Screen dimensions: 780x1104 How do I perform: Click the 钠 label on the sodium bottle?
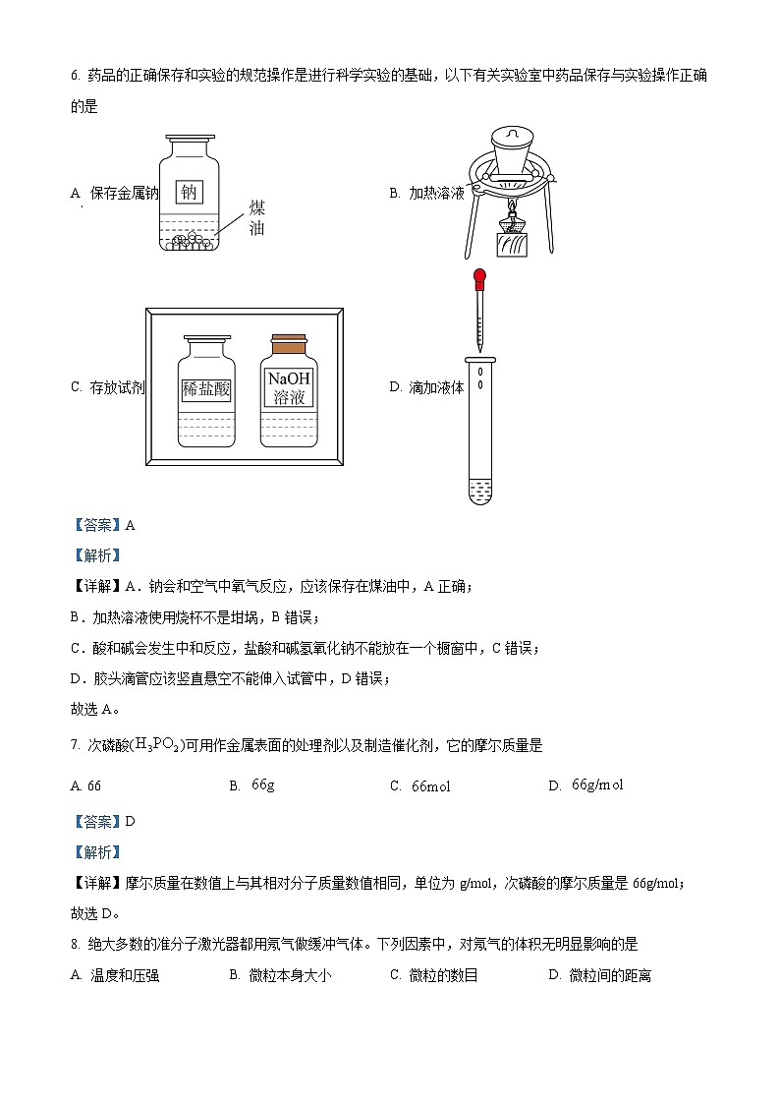(x=190, y=192)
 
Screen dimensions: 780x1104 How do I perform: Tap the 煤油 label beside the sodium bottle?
(x=256, y=218)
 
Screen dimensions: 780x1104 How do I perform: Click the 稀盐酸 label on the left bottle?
(x=205, y=388)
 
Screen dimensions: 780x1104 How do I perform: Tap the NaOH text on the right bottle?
(x=289, y=378)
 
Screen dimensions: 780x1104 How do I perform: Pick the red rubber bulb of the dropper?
(x=479, y=280)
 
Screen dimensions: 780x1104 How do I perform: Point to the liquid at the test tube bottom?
(x=480, y=490)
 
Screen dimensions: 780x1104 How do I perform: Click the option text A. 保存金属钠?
(x=115, y=193)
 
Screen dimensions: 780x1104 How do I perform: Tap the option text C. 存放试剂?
(x=108, y=387)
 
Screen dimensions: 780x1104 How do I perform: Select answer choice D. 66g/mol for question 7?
(x=586, y=784)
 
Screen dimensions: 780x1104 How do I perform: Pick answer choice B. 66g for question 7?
(x=252, y=784)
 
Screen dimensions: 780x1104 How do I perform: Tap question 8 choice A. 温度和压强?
(x=115, y=975)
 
